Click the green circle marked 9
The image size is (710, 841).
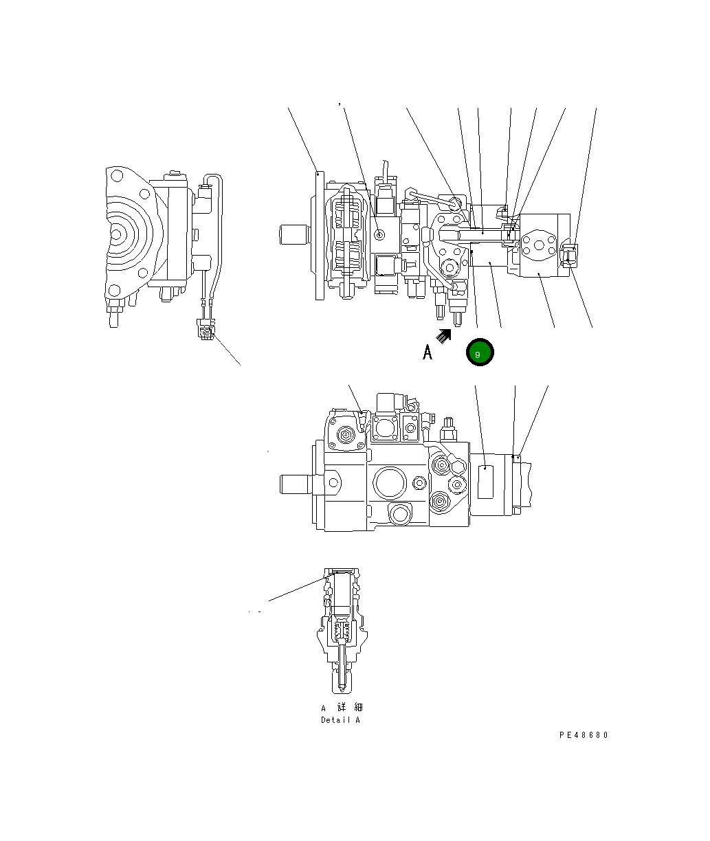(x=479, y=353)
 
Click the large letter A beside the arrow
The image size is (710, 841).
(x=428, y=352)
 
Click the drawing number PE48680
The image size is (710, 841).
(x=584, y=735)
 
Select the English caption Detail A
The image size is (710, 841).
(x=340, y=720)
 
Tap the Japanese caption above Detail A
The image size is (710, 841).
(x=341, y=708)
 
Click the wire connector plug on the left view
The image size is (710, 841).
(x=205, y=332)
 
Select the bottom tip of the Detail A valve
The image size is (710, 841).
(x=341, y=687)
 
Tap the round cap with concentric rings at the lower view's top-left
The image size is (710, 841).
(x=346, y=434)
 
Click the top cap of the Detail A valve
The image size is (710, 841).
(x=341, y=572)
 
